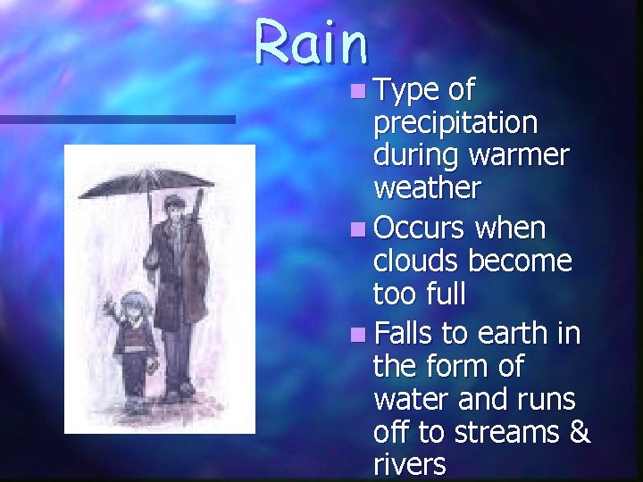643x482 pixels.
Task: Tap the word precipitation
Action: tap(455, 122)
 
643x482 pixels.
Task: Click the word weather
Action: tap(427, 188)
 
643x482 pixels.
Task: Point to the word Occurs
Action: tap(419, 229)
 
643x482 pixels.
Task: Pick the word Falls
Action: tap(405, 334)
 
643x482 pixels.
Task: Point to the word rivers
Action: tap(410, 466)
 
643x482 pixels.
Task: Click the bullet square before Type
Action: tap(358, 90)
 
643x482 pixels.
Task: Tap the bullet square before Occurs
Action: tap(358, 230)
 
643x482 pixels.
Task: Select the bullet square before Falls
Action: tap(358, 336)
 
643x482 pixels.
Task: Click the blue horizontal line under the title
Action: tap(117, 119)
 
